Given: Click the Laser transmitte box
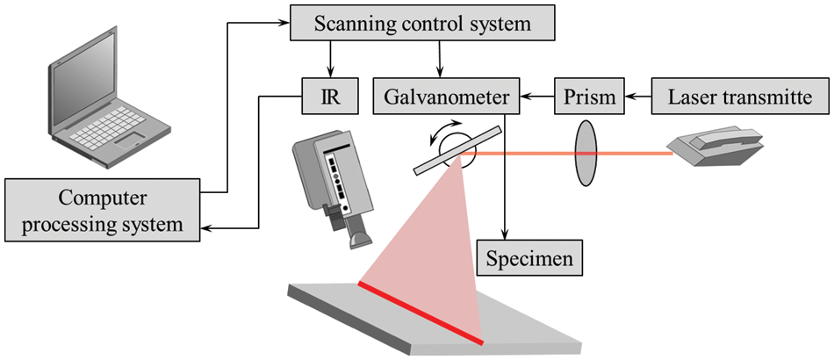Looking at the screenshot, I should pyautogui.click(x=741, y=94).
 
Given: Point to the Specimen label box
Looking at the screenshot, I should pyautogui.click(x=530, y=259).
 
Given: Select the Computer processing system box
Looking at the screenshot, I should pyautogui.click(x=104, y=210).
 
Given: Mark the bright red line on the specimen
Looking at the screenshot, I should pyautogui.click(x=420, y=311).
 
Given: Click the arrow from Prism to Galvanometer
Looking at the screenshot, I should pyautogui.click(x=536, y=94).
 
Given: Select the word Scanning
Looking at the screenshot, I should pyautogui.click(x=341, y=24).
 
